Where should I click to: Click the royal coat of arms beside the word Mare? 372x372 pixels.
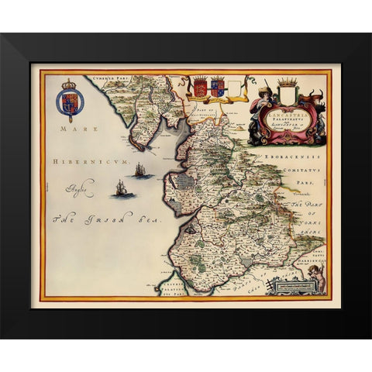69,101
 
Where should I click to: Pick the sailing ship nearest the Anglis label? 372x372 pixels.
120,188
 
